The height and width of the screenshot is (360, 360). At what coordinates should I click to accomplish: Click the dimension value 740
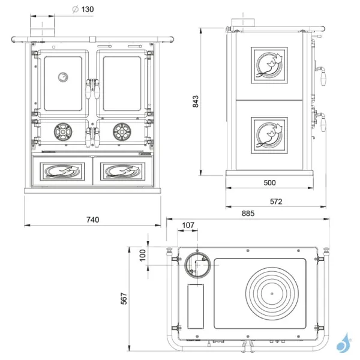coord(92,220)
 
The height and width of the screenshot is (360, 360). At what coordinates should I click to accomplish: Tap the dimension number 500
coord(269,182)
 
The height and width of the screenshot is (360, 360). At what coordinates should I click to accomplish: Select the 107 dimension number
coord(188,226)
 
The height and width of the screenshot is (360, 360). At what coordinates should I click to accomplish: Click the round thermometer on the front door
coord(62,77)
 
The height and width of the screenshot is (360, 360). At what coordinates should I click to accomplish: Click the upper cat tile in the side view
coord(269,66)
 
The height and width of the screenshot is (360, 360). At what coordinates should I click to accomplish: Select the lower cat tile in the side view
coord(269,134)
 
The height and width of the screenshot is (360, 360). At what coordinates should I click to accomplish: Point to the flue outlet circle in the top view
coord(197,264)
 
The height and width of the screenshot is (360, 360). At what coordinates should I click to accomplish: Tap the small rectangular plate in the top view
coord(196,306)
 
